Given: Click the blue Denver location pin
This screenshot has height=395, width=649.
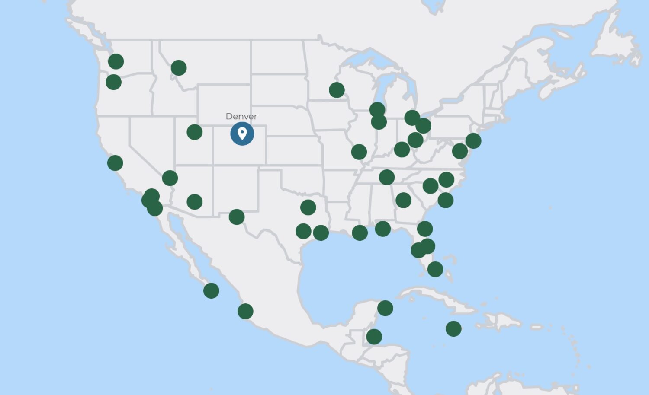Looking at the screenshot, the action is click(242, 134).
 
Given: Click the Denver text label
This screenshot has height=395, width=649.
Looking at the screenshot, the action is click(241, 116).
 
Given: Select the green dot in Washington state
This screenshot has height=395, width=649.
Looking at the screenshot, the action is click(116, 61).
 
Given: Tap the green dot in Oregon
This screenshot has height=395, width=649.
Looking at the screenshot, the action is click(113, 82).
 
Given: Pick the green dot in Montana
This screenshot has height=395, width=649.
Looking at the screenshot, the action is click(179, 67).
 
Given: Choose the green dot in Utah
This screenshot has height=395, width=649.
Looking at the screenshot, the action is click(195, 132).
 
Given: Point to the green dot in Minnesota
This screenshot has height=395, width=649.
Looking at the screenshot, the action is click(337, 90).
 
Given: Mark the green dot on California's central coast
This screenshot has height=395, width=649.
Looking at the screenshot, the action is click(115, 163).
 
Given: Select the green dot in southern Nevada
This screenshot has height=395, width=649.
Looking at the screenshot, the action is click(170, 178).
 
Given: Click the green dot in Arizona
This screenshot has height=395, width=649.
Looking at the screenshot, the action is click(195, 201).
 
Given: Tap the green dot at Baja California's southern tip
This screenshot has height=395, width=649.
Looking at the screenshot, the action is click(211, 290).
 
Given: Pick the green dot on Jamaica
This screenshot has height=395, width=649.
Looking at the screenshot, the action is click(453, 328).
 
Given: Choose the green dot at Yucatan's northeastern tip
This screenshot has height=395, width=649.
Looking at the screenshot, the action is click(385, 308).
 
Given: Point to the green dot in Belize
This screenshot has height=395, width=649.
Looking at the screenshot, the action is click(374, 336).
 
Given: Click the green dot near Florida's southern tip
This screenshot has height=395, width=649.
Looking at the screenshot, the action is click(435, 269).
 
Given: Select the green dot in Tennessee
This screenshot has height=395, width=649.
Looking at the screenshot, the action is click(387, 177).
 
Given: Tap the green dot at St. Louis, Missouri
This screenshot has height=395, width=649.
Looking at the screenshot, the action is click(359, 152).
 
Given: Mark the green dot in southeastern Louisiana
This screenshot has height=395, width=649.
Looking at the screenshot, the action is click(360, 233).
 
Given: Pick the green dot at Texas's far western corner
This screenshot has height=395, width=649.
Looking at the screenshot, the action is click(237, 217).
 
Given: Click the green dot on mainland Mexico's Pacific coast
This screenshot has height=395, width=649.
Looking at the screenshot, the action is click(245, 311).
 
